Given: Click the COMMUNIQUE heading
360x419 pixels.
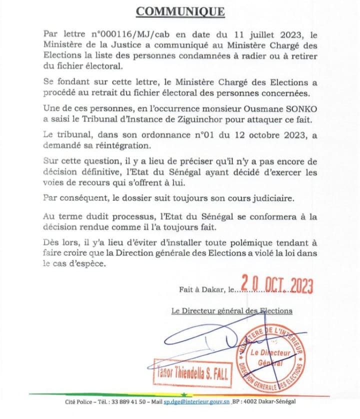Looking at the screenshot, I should (181, 11).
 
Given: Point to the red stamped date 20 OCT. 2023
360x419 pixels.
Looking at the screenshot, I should (276, 285).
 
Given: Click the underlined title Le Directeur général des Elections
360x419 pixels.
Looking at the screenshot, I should (231, 310).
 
